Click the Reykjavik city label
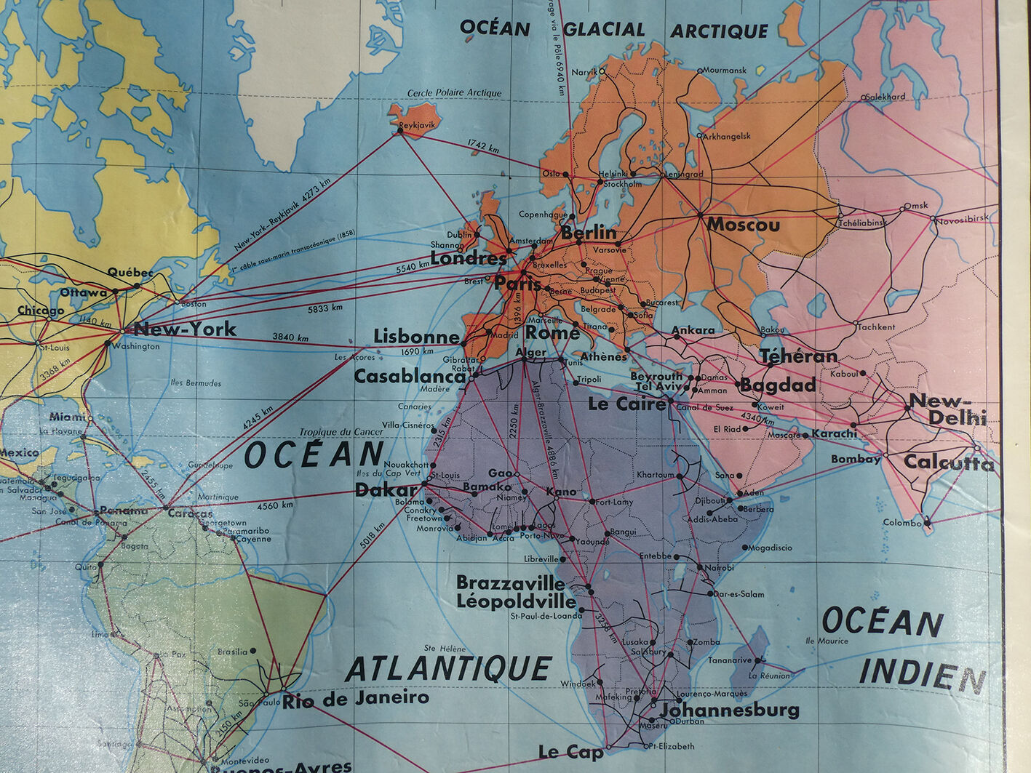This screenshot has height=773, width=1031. coord(417,124)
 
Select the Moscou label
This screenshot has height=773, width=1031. coord(743,225)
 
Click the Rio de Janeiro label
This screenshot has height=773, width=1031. coord(356,700)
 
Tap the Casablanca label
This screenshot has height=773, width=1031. coord(409,377)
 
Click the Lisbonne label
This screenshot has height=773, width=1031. coord(416,337)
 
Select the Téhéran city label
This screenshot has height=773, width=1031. coord(798,356)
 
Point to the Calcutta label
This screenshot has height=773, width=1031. coord(948,462)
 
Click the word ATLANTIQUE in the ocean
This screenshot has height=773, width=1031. coord(448,669)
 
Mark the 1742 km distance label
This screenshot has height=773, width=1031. coord(483,145)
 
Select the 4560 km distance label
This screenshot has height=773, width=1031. coord(276,505)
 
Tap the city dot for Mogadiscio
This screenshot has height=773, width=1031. coord(744,547)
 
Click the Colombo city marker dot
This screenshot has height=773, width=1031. coord(927,521)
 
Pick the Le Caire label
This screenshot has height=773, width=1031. coord(626,404)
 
